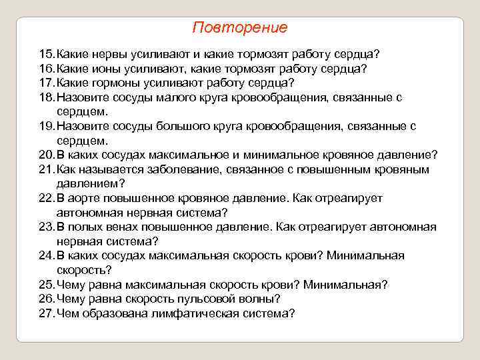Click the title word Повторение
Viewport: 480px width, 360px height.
pos(239,28)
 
